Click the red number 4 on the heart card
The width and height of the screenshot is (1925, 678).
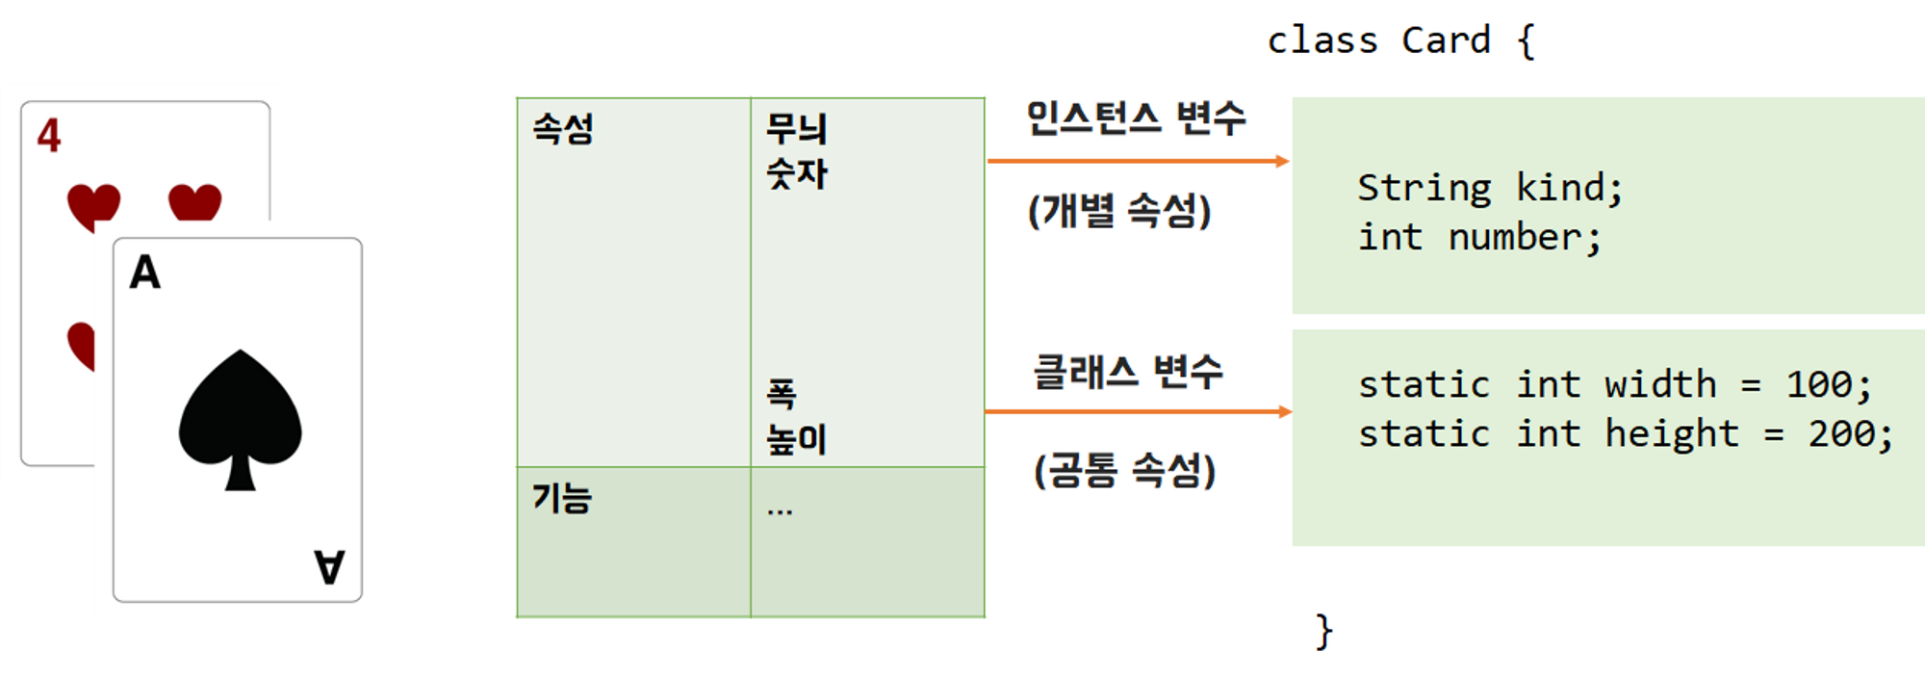[x=49, y=136]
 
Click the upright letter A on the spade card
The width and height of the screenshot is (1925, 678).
[x=145, y=273]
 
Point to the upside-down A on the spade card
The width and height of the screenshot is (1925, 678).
[x=329, y=566]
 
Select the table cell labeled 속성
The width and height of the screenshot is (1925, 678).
[x=563, y=129]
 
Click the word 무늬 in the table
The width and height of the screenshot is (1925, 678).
[x=796, y=129]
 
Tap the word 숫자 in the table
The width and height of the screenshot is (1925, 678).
[x=796, y=174]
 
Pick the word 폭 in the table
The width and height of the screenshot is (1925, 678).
[x=782, y=393]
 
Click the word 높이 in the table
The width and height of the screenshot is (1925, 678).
[x=796, y=439]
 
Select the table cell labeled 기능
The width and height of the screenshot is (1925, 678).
[x=562, y=499]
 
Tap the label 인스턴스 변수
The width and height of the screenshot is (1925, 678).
[x=1136, y=118]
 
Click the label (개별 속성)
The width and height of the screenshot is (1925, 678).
[x=1119, y=211]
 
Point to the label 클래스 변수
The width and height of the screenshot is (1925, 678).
[x=1128, y=372]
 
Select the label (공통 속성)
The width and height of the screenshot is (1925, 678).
[x=1124, y=471]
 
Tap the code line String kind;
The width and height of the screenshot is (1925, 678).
[x=1490, y=188]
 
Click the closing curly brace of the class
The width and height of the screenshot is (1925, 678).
[x=1324, y=632]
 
